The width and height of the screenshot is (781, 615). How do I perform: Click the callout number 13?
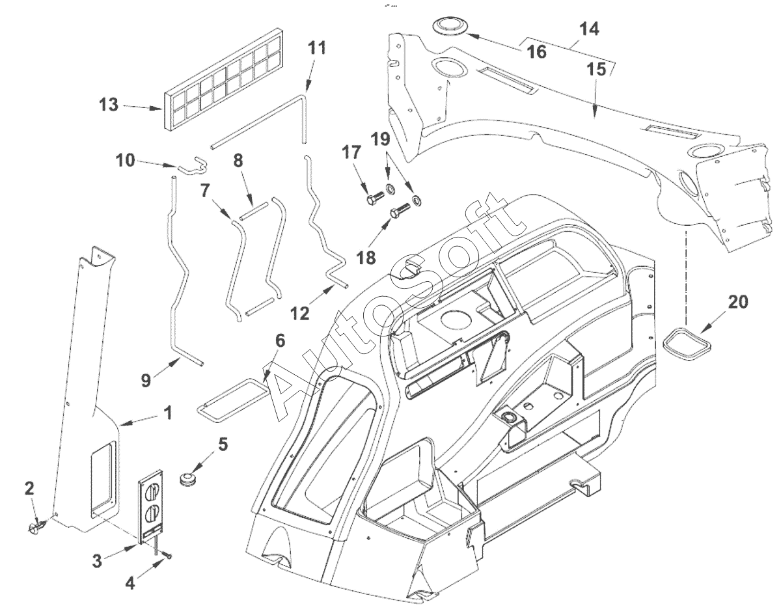pyautogui.click(x=109, y=105)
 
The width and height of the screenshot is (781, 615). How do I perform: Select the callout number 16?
pyautogui.click(x=536, y=51)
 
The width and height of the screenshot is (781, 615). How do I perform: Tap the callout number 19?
pyautogui.click(x=380, y=139)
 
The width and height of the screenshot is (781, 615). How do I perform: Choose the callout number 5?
pyautogui.click(x=223, y=444)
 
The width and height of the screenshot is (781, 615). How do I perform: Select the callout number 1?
pyautogui.click(x=167, y=413)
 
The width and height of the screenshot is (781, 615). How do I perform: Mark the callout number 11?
pyautogui.click(x=316, y=48)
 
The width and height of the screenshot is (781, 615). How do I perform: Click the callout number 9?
pyautogui.click(x=146, y=380)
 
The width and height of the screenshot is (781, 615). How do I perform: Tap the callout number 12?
pyautogui.click(x=300, y=313)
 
